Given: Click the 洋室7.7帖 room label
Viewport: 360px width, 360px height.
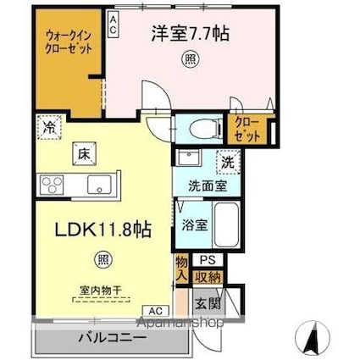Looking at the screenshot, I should coord(191,35).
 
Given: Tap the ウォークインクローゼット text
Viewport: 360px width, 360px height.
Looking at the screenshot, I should coord(69,42).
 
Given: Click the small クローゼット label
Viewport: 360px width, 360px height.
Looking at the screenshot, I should coord(247,130).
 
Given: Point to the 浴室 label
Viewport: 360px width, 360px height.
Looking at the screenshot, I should coord(194,224).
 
